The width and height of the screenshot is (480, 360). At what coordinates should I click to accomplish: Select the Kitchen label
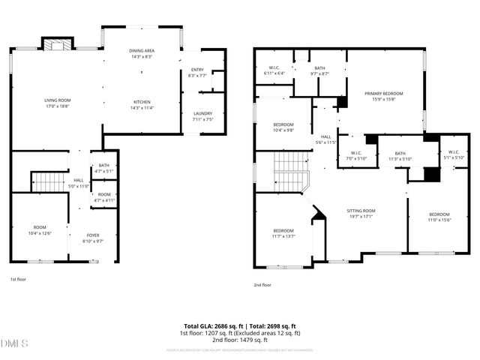(x=142, y=104)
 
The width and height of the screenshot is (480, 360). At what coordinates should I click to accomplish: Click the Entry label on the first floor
(x=197, y=72)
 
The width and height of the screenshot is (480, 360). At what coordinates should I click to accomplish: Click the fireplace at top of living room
(x=54, y=45)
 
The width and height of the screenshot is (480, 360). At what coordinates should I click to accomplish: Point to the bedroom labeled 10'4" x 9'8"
(x=283, y=127)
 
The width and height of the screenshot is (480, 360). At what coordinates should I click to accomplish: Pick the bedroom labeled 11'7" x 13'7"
(x=283, y=233)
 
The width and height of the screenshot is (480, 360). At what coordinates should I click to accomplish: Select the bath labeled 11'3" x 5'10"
(x=400, y=155)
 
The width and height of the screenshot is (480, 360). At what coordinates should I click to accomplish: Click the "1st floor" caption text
(x=19, y=279)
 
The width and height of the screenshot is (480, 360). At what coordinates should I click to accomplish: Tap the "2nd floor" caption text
(x=262, y=285)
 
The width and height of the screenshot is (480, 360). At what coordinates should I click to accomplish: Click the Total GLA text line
(x=239, y=326)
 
